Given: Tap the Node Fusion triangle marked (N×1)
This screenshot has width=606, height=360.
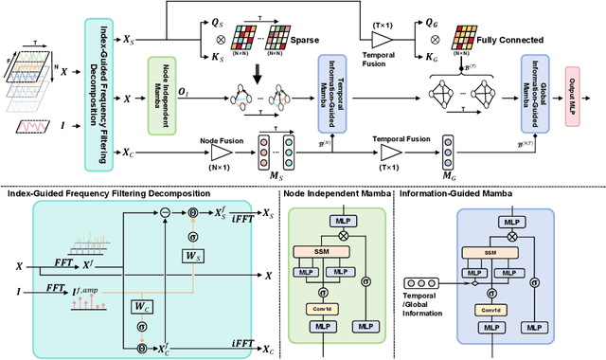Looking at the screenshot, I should coord(220,153).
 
